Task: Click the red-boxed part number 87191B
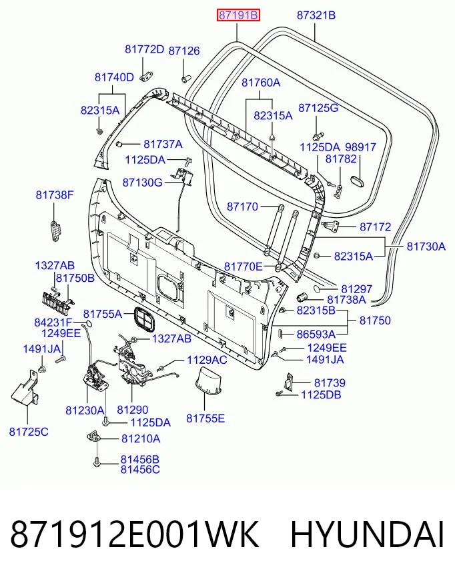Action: tap(238, 15)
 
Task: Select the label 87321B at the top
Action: tap(316, 15)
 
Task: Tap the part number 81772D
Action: tap(144, 49)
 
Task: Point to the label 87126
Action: tap(184, 51)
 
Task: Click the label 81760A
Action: tap(261, 82)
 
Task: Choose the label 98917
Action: tap(361, 147)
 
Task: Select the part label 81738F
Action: tap(55, 195)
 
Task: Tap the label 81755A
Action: tap(103, 314)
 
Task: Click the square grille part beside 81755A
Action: tap(143, 318)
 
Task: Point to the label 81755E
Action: tap(205, 418)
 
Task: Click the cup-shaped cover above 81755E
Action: tap(208, 382)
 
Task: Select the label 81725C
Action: tap(29, 432)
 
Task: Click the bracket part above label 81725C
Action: tap(25, 388)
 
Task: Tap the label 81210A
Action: tap(141, 438)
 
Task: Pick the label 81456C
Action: tap(140, 470)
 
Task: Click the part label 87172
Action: tap(375, 227)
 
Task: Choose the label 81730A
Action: tap(426, 247)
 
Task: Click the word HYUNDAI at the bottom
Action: tap(367, 534)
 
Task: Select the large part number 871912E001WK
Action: tap(134, 534)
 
